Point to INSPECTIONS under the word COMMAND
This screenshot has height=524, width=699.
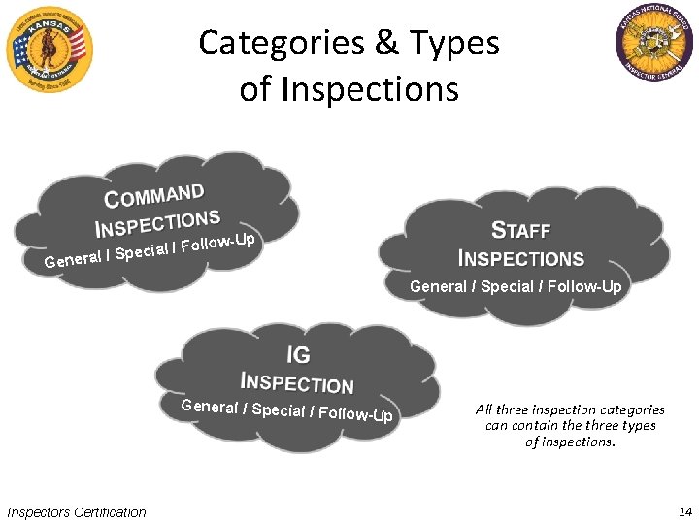point(157,223)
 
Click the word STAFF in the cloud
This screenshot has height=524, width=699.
point(521,231)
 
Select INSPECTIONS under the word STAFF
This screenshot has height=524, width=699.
point(521,259)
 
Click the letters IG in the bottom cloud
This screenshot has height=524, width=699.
point(298,357)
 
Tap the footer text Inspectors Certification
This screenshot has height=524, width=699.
point(77,512)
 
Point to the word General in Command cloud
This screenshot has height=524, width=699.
point(73,260)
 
